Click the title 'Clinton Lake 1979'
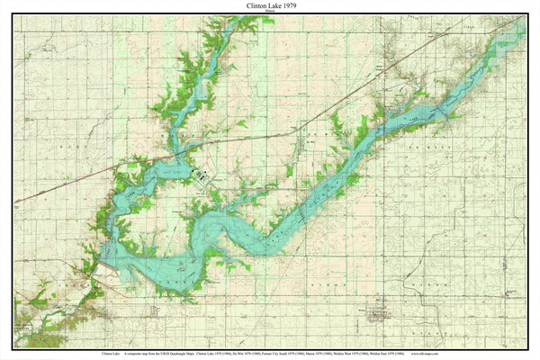pos(269,5)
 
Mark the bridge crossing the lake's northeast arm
pos(444,112)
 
